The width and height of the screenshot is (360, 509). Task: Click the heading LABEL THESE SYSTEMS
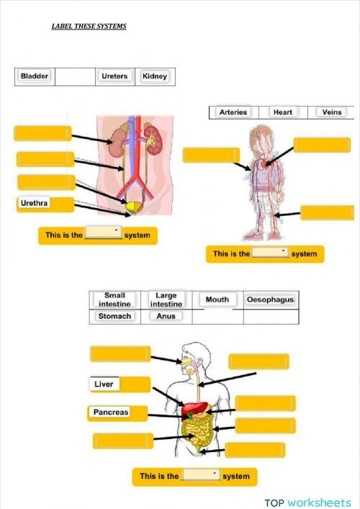pyautogui.click(x=89, y=27)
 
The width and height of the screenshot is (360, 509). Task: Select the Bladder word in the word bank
pyautogui.click(x=35, y=76)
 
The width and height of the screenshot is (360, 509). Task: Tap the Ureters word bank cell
pyautogui.click(x=114, y=76)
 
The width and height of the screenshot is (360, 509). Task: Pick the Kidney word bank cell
pyautogui.click(x=155, y=76)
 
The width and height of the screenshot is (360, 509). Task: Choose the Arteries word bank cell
pyautogui.click(x=233, y=112)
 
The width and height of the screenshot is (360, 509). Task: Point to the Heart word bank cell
pyautogui.click(x=282, y=112)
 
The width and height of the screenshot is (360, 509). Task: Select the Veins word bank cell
pyautogui.click(x=332, y=112)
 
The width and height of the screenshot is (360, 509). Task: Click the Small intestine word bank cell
pyautogui.click(x=114, y=299)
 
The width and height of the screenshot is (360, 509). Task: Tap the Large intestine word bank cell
pyautogui.click(x=166, y=299)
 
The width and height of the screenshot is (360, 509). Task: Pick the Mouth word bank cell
pyautogui.click(x=217, y=299)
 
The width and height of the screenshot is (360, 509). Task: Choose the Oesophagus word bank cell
pyautogui.click(x=270, y=299)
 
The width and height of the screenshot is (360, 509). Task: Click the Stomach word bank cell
pyautogui.click(x=114, y=316)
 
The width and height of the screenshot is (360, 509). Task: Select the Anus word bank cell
pyautogui.click(x=166, y=316)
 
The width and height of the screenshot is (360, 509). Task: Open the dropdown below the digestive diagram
pyautogui.click(x=201, y=475)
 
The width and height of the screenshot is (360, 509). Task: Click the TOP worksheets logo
pyautogui.click(x=307, y=502)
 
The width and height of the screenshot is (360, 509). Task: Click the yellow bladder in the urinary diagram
pyautogui.click(x=132, y=208)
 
